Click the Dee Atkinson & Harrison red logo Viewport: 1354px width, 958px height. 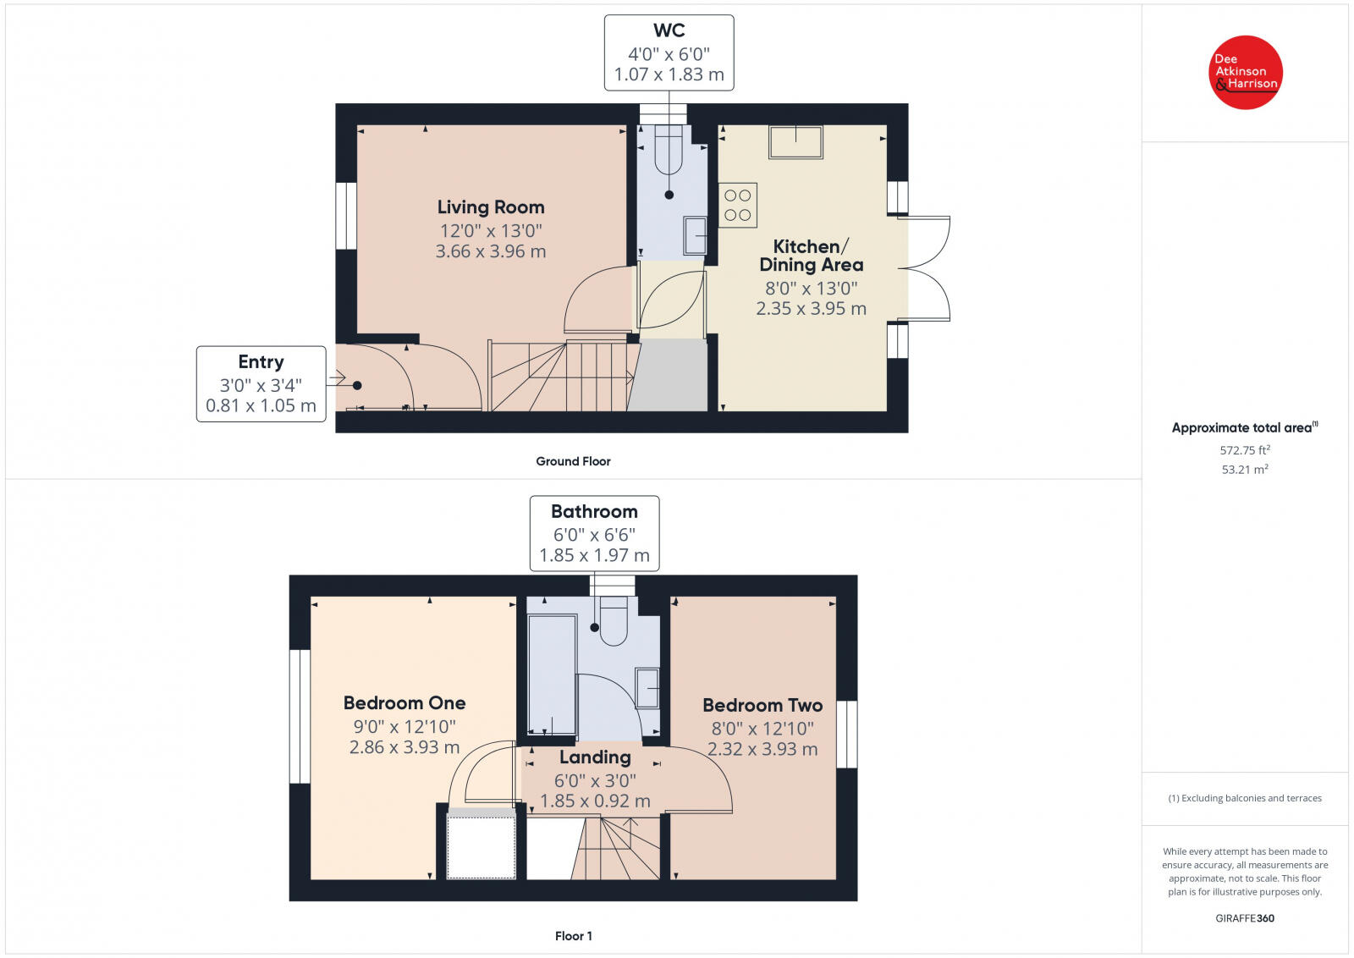point(1245,72)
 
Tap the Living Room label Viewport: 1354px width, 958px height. point(490,207)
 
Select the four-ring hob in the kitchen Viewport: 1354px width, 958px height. point(737,206)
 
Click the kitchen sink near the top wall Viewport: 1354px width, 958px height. point(795,142)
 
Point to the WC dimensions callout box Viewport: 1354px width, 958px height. point(669,52)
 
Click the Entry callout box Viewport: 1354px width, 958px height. point(261,383)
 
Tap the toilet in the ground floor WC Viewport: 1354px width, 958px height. point(669,149)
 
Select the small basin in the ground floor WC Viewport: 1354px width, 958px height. point(695,235)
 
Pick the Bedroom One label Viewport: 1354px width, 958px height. point(405,703)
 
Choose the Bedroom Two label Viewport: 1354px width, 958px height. point(762,706)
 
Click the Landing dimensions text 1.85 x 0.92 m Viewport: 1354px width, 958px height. point(595,801)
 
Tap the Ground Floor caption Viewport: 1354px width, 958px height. point(573,461)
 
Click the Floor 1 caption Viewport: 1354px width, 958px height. point(573,936)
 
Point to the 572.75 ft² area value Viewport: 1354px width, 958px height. point(1244,450)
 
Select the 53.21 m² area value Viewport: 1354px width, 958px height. point(1244,470)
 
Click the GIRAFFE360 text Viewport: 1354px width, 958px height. point(1244,918)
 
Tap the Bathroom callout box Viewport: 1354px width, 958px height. point(594,533)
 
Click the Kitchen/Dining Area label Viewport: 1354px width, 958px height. point(811,256)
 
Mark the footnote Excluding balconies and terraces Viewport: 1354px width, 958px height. point(1244,798)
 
